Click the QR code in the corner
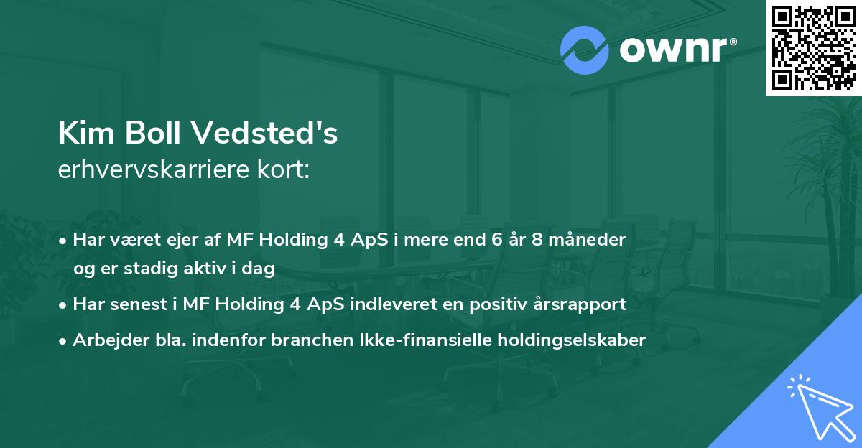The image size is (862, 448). tap(814, 48)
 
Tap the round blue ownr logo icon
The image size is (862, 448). tap(584, 50)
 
